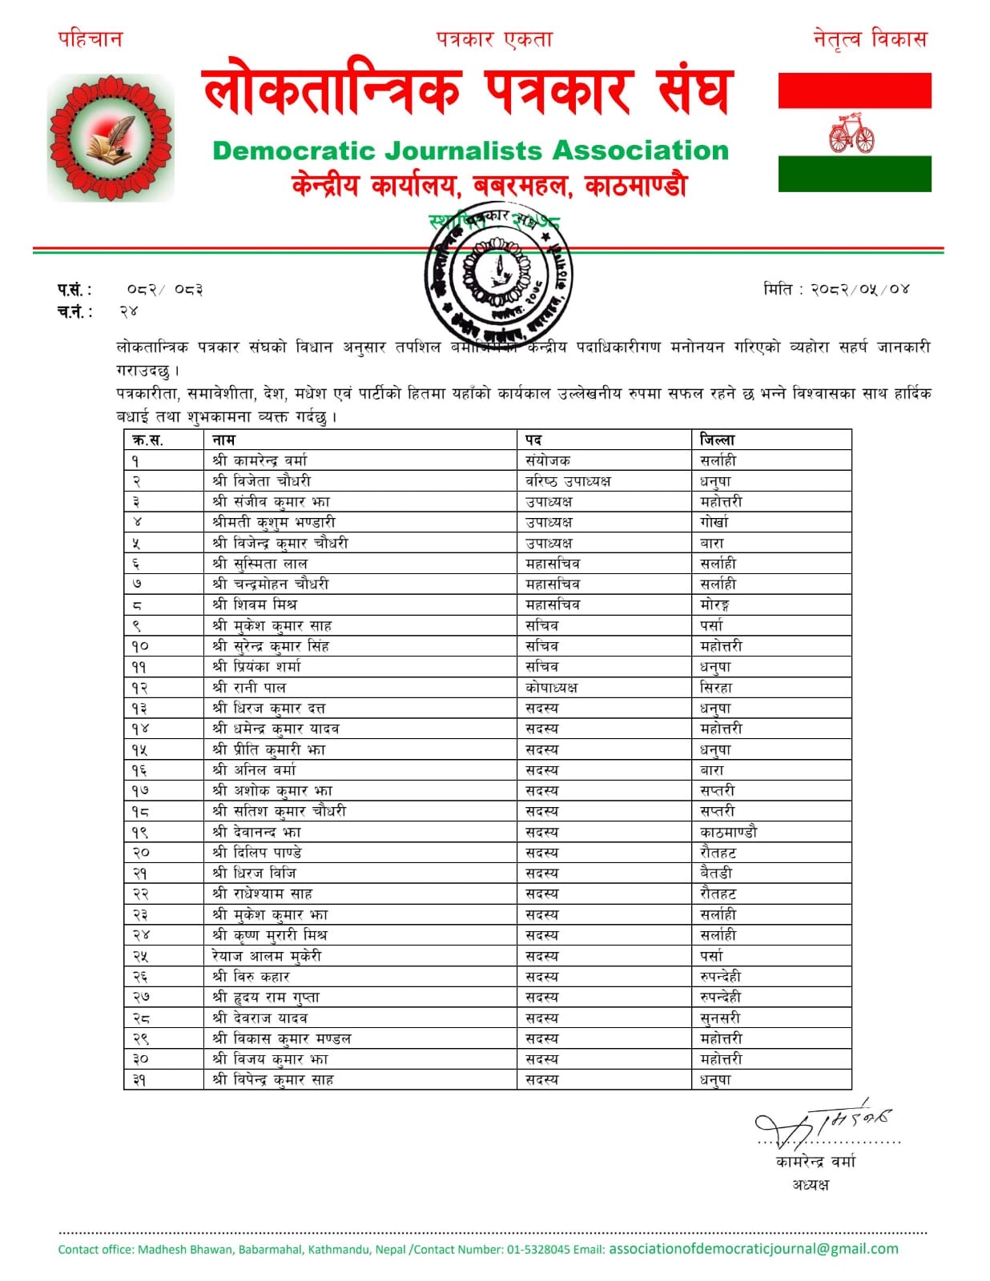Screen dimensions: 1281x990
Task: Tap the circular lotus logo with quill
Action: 111,138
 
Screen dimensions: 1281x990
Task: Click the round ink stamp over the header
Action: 497,275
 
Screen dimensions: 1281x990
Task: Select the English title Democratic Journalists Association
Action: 470,151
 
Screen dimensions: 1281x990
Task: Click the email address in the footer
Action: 753,1249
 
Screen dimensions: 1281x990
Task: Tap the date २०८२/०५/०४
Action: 859,289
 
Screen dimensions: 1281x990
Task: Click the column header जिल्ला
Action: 717,440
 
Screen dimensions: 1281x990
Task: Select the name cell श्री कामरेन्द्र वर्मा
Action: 260,460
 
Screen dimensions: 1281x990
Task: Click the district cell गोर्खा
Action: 714,522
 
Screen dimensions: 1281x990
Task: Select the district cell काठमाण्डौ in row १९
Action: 727,832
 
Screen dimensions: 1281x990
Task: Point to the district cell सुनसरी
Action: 720,1018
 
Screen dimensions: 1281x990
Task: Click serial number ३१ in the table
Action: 139,1080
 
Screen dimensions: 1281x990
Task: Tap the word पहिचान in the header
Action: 90,38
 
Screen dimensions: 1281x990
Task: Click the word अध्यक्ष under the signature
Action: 811,1184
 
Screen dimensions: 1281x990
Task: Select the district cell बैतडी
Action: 716,873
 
